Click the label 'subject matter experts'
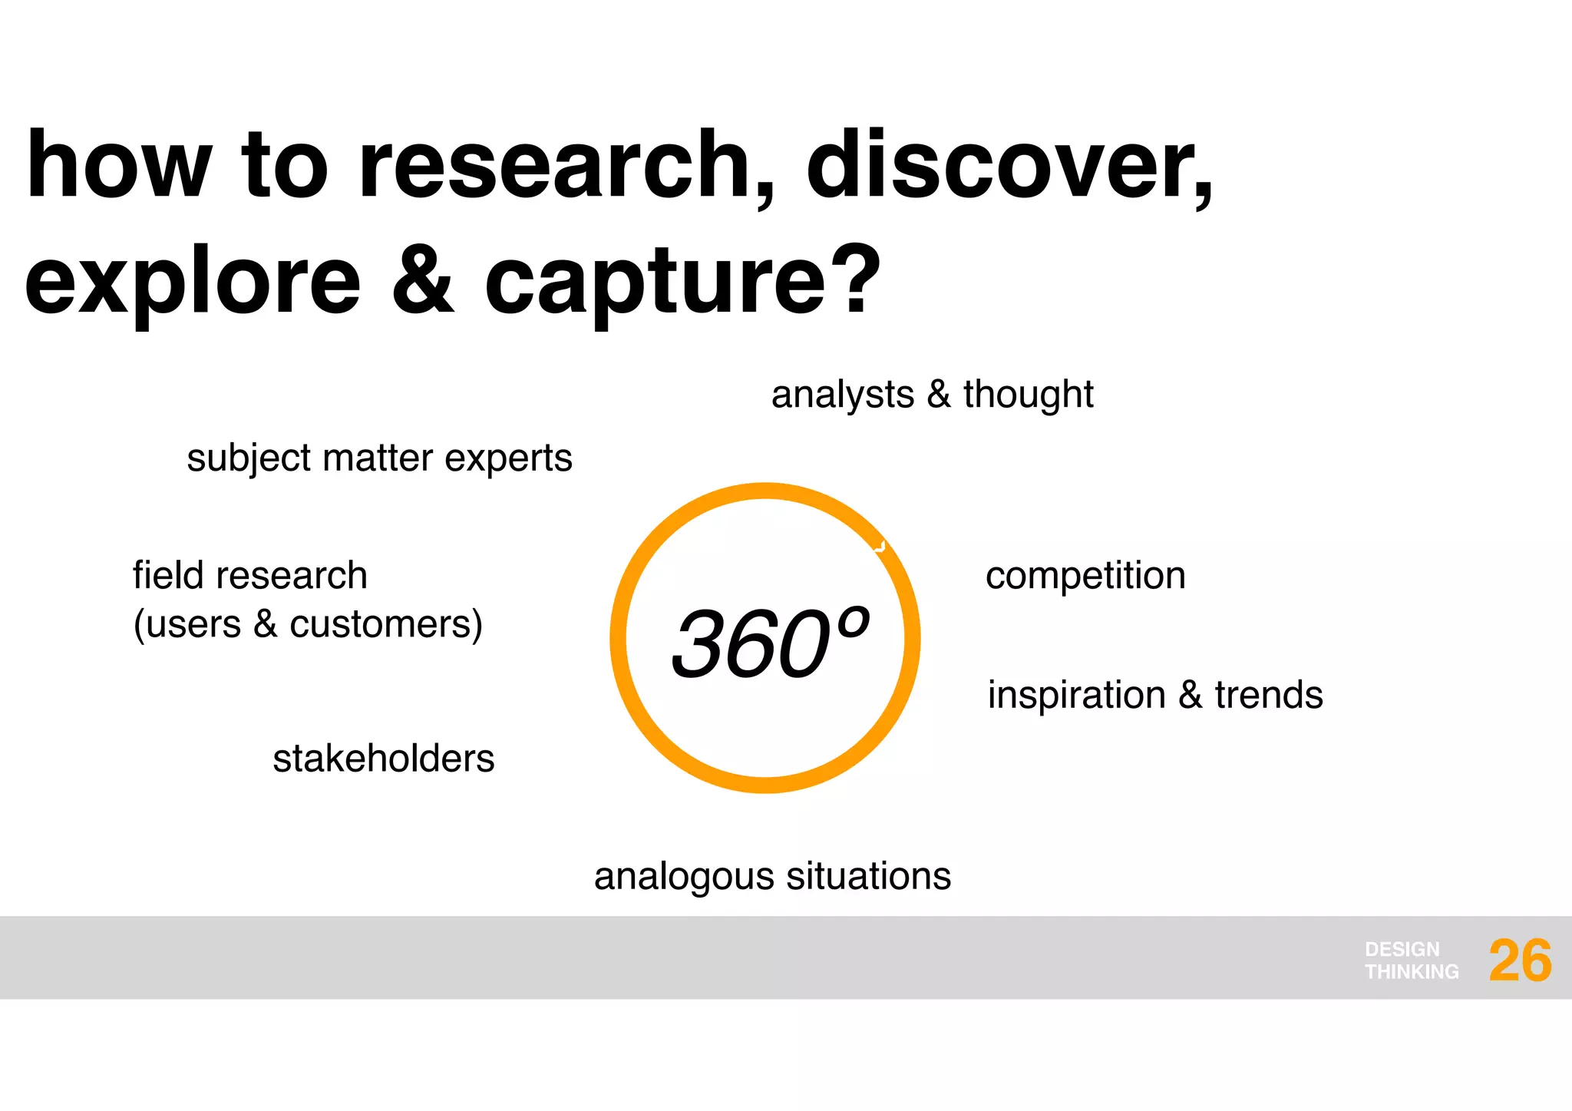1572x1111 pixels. (379, 458)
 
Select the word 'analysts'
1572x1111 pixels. (843, 395)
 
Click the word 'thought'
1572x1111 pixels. (1028, 395)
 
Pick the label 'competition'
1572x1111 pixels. (1085, 576)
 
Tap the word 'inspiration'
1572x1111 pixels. (1076, 696)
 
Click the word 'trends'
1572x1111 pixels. (1269, 695)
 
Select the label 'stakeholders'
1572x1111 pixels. (383, 759)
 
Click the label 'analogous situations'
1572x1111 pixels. (772, 876)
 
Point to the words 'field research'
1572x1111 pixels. (250, 576)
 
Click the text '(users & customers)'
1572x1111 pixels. (308, 624)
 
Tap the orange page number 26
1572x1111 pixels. (1520, 961)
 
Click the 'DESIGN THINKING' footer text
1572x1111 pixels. (1411, 961)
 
